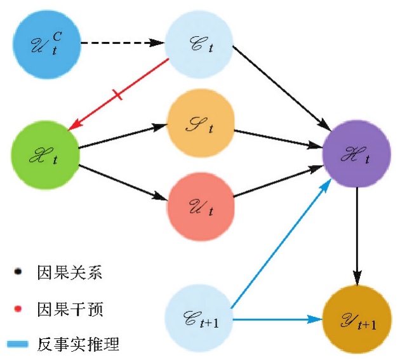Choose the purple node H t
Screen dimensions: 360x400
point(356,152)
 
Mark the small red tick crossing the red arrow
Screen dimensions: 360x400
point(117,96)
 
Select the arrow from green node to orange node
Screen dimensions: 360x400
point(121,137)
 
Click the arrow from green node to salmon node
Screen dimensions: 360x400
point(121,183)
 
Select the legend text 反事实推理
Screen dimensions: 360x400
point(79,345)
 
